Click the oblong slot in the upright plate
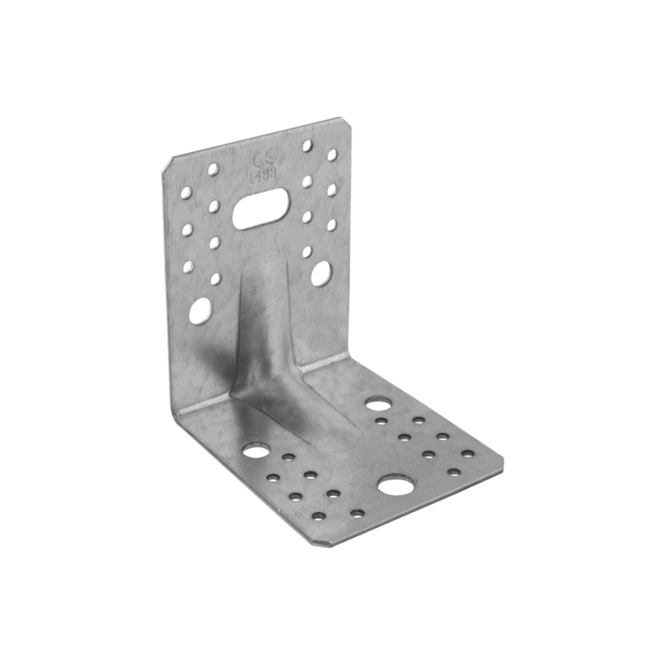point(262,208)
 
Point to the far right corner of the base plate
point(504,456)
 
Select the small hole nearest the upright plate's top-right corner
point(332,155)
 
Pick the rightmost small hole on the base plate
point(468,454)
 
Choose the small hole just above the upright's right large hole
point(308,249)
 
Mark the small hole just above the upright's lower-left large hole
point(216,278)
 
